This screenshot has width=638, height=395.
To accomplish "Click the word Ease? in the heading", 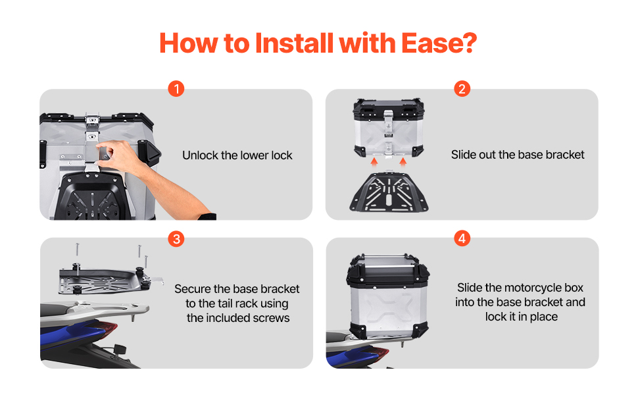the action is pyautogui.click(x=439, y=43).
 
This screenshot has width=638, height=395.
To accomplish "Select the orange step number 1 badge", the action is pyautogui.click(x=176, y=88).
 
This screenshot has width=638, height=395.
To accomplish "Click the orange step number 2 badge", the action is pyautogui.click(x=462, y=88).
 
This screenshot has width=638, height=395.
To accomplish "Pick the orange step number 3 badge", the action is pyautogui.click(x=176, y=238).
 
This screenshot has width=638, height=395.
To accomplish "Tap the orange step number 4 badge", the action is pyautogui.click(x=462, y=238).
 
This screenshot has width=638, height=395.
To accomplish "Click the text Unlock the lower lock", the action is pyautogui.click(x=237, y=155).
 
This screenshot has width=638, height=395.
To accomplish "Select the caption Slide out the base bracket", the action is pyautogui.click(x=518, y=155).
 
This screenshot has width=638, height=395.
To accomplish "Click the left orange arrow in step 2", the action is pyautogui.click(x=374, y=162).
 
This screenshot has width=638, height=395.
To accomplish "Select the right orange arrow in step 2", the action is pyautogui.click(x=403, y=162).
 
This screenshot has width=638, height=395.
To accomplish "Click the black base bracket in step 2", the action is pyautogui.click(x=389, y=192).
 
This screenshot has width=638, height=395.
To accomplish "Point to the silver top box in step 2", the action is pyautogui.click(x=389, y=128).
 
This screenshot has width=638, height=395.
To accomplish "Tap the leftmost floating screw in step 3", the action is pyautogui.click(x=78, y=250).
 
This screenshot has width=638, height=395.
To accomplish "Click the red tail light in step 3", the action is pyautogui.click(x=107, y=327).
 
